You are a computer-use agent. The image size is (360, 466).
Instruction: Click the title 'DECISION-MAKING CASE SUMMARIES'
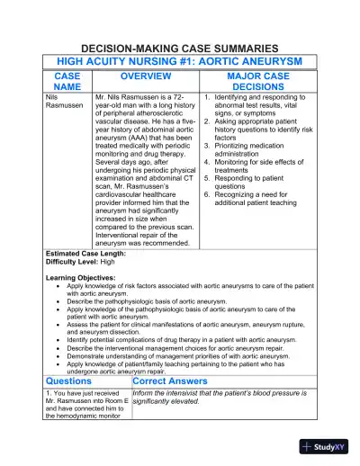click(179, 46)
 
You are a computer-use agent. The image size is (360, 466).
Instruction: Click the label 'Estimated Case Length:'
click(85, 254)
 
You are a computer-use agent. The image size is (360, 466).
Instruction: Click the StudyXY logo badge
click(327, 446)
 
